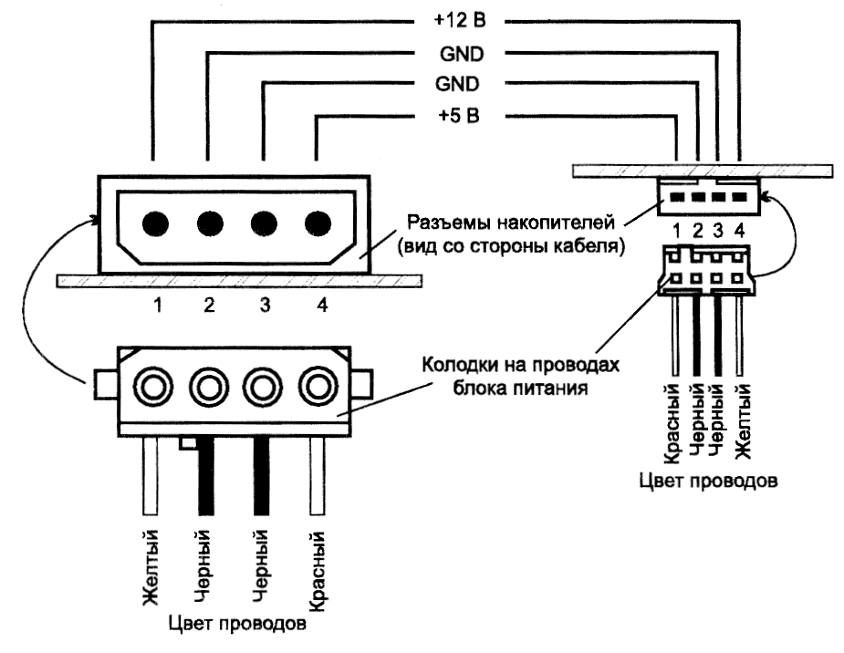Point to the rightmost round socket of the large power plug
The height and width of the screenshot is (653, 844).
point(318,387)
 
